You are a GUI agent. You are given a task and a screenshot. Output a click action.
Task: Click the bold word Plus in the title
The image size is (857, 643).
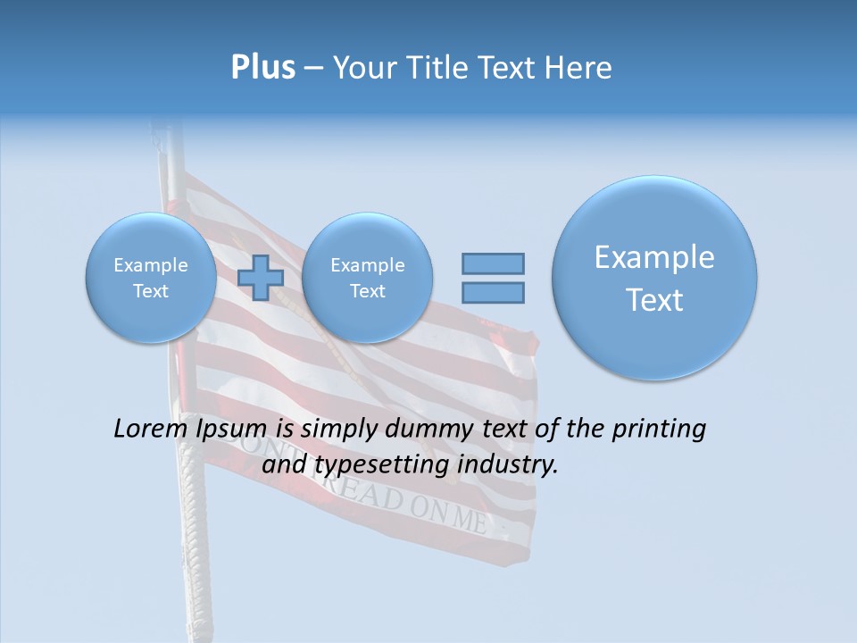coord(262,68)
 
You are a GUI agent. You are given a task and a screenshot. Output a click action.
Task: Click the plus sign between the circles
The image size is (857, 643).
coord(261,278)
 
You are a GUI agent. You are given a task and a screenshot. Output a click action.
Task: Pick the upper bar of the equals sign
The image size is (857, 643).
coord(493,263)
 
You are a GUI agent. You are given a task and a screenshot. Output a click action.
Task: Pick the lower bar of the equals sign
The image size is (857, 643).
coord(493,292)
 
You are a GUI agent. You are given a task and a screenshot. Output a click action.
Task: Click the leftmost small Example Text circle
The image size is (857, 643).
coord(150,278)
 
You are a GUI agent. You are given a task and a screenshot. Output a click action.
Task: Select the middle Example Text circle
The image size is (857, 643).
coord(367,278)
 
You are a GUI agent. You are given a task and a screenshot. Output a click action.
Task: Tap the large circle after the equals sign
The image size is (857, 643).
coord(654,278)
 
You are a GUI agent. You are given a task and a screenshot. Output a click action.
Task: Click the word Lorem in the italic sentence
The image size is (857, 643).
coord(152,429)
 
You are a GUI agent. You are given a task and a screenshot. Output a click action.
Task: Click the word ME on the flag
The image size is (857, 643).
coord(470,517)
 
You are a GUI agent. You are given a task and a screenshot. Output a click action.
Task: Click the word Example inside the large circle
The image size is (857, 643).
coord(654,257)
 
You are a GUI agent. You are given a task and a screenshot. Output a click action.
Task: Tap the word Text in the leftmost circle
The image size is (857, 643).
coord(150,291)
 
